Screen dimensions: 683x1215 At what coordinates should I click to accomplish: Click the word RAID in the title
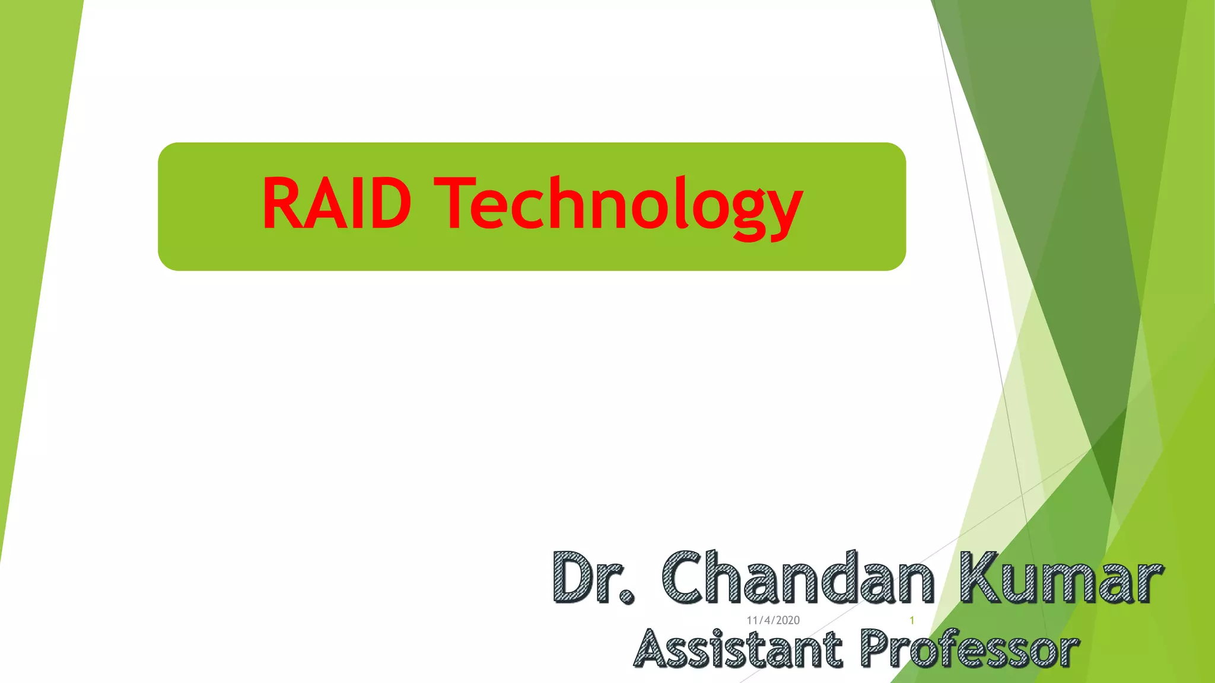(x=336, y=203)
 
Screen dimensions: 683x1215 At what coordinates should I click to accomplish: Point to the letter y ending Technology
(x=783, y=210)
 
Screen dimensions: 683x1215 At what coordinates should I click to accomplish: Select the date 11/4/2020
(x=773, y=620)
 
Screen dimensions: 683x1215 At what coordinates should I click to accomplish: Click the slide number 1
(x=912, y=620)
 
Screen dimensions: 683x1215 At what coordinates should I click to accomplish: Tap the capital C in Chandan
(x=685, y=577)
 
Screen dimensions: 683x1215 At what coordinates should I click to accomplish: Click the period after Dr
(x=626, y=596)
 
